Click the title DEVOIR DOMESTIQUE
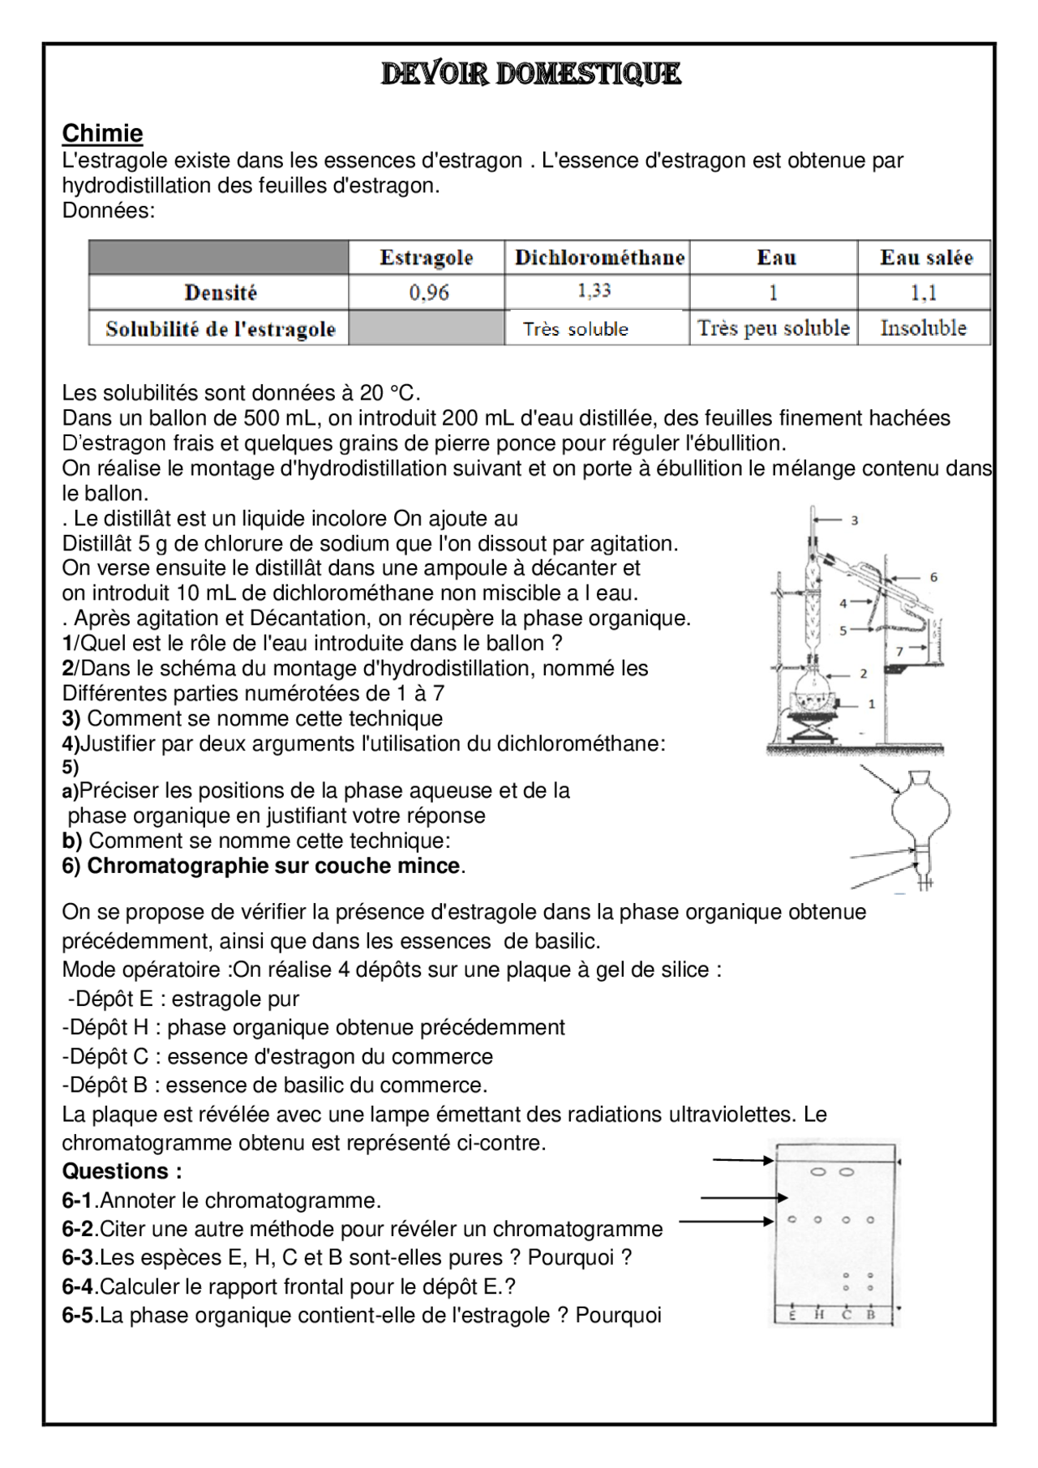coord(531,74)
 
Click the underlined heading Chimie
coord(102,133)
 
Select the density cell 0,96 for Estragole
coord(428,293)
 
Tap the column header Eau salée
coord(926,258)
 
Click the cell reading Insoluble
coord(924,328)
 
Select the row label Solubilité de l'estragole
coord(220,329)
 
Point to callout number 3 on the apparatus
coord(854,520)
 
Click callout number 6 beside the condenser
coord(933,577)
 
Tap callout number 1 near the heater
coord(872,704)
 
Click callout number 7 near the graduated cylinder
coord(899,650)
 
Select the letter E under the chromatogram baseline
coord(792,1315)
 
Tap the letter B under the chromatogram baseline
coord(871,1315)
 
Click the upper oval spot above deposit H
coord(818,1172)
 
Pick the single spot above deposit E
coord(792,1219)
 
